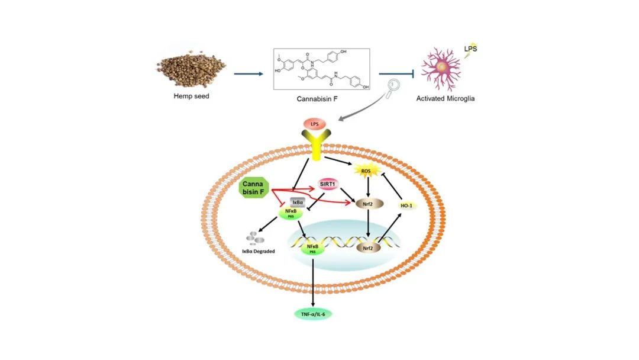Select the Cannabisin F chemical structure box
(322, 69)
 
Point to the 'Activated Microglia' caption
(446, 99)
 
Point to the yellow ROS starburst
(366, 171)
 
